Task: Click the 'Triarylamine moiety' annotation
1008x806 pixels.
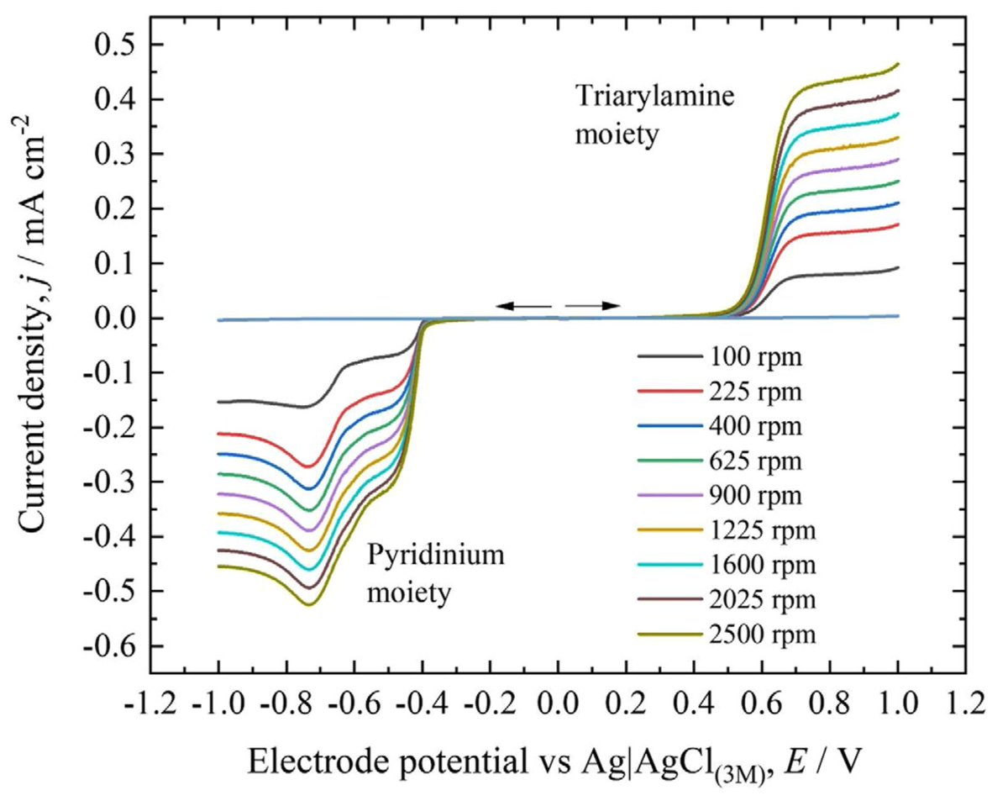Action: tap(654, 115)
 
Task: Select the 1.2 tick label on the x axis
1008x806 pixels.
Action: tap(965, 700)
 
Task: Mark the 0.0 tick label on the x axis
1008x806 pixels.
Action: tap(559, 700)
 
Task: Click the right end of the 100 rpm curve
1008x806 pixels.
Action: tap(898, 268)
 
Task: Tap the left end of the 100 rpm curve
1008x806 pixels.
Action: tap(219, 402)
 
